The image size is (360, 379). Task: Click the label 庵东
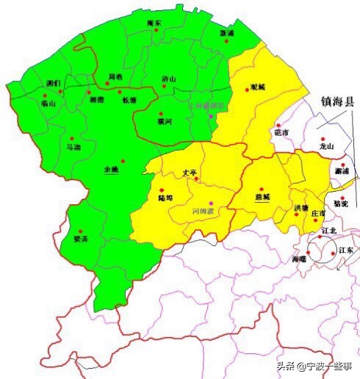pos(154,24)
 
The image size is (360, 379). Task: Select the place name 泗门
pos(53,84)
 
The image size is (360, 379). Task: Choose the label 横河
pos(164,122)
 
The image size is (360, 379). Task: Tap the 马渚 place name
pos(73,147)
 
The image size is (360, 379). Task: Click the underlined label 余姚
pos(111,170)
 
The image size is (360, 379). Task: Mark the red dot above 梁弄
pos(81,231)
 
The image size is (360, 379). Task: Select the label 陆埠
pos(166,198)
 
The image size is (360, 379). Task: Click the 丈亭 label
pos(190,173)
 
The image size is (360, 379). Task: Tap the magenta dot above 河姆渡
pos(211,202)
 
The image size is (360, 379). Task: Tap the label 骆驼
pos(341,202)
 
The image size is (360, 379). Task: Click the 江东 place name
pos(345,250)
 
